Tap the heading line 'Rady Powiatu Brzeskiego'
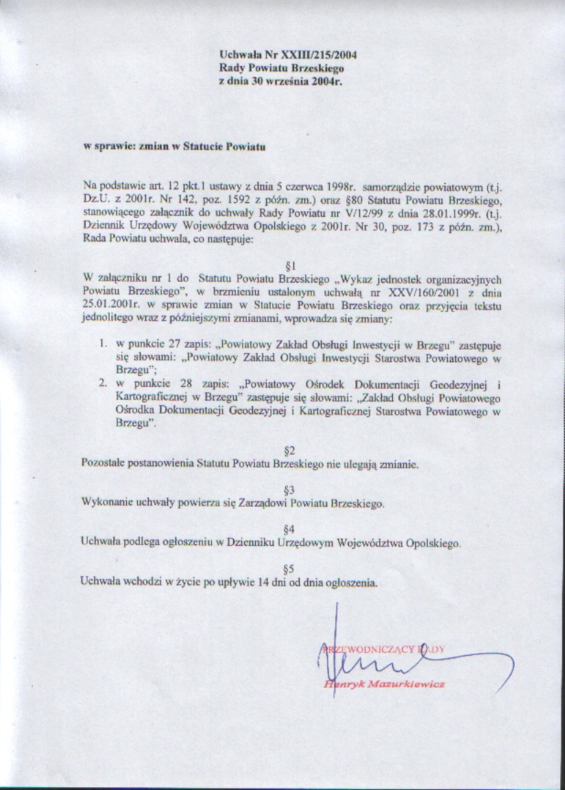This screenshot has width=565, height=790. click(x=281, y=69)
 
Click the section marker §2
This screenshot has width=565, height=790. click(x=289, y=451)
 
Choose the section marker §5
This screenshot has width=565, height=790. click(x=289, y=568)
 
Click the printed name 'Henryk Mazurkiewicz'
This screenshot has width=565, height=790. click(x=384, y=684)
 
